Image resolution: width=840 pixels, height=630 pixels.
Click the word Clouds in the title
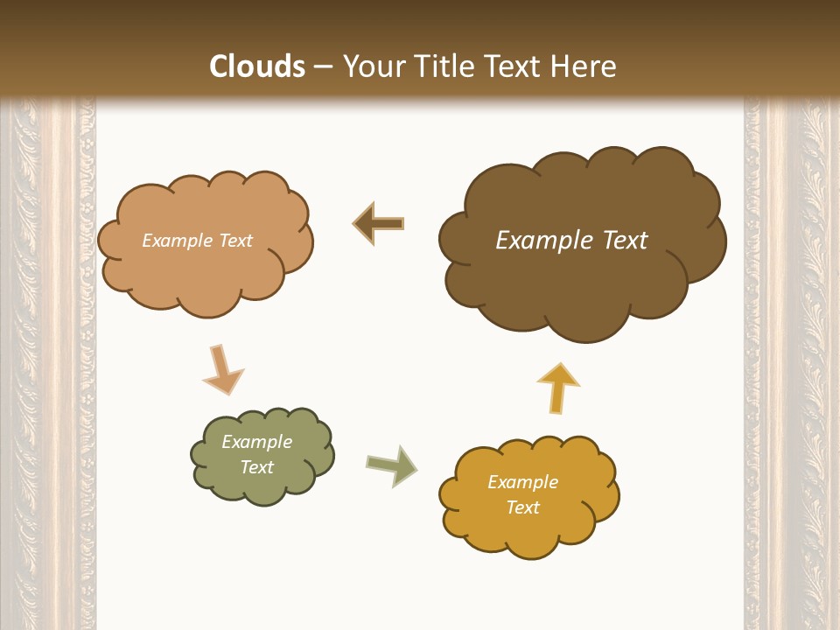(257, 66)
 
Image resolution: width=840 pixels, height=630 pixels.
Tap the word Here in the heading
(584, 66)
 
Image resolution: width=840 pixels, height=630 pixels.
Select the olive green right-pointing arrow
(391, 465)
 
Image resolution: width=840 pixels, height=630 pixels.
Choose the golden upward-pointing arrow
(557, 387)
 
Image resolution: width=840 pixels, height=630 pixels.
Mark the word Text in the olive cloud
(257, 467)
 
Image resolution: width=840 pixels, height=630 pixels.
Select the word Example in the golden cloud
(522, 482)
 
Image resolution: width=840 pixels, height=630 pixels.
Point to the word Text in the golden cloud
(522, 507)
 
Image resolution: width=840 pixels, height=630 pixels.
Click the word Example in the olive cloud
(256, 442)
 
